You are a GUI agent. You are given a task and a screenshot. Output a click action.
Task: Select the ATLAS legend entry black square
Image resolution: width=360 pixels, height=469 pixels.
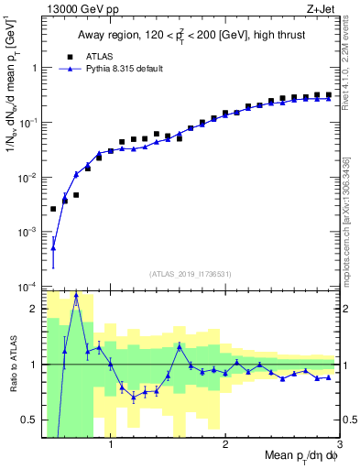[x=67, y=56]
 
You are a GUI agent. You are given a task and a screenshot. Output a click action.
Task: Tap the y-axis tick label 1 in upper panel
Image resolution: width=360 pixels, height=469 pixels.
[x=34, y=68]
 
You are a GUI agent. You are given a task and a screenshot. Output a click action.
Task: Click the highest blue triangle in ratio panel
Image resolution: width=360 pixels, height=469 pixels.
[x=76, y=297]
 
